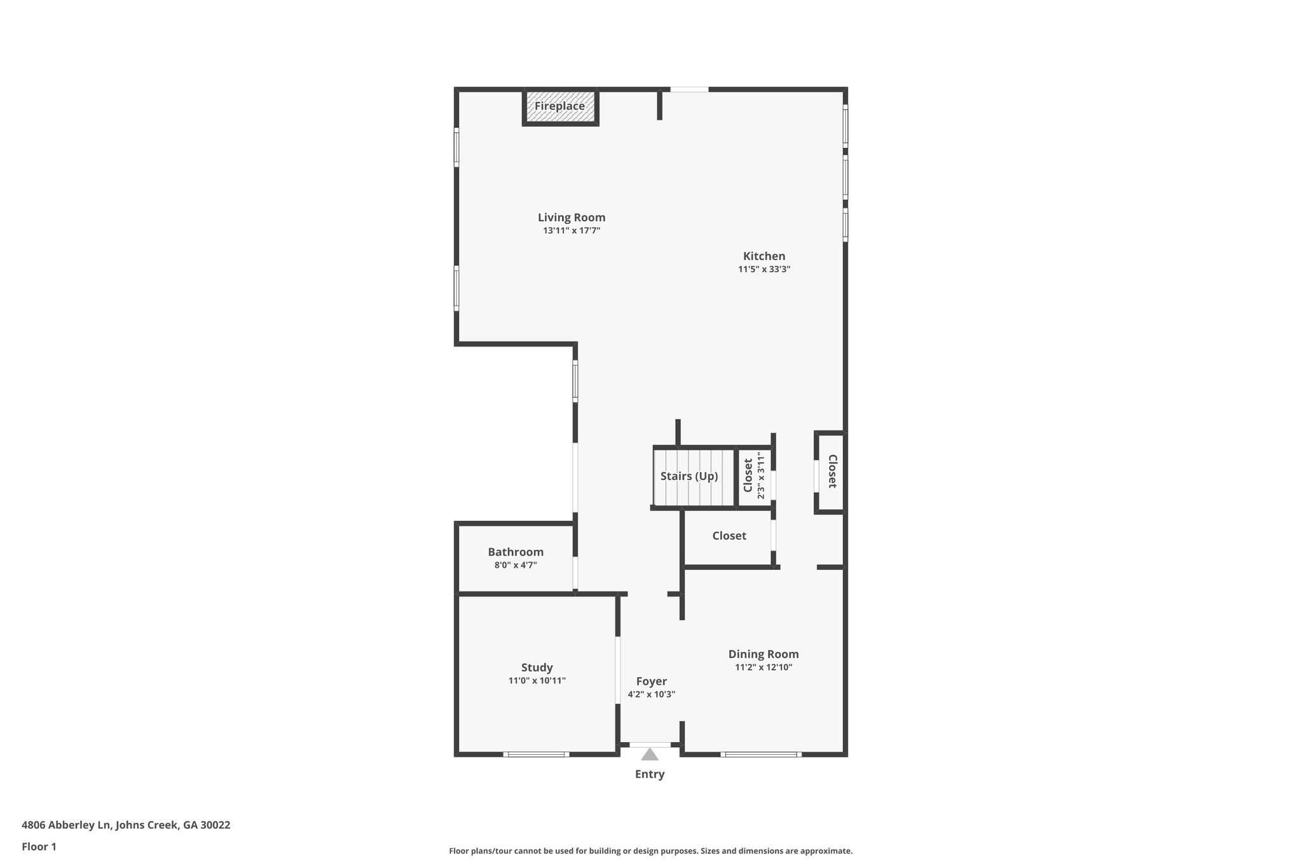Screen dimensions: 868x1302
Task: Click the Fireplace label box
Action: point(560,107)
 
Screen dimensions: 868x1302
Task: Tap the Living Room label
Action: point(572,217)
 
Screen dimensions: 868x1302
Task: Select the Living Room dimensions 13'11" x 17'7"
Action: point(572,231)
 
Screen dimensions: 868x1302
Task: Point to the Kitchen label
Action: point(764,256)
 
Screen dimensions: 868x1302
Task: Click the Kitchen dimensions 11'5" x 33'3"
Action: point(764,270)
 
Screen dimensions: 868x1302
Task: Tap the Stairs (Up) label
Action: point(689,476)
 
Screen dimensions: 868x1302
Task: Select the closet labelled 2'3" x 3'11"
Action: point(753,476)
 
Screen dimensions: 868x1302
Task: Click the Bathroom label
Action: point(516,552)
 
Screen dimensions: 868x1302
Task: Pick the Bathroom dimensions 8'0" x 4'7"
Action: point(516,565)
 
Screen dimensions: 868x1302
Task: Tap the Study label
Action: point(537,668)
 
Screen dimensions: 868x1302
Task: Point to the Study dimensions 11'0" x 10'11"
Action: point(537,681)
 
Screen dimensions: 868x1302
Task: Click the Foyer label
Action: point(652,682)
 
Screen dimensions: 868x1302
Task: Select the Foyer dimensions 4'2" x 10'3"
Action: point(652,695)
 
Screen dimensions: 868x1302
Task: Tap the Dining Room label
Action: point(764,654)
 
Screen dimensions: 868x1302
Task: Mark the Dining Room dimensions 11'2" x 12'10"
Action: point(764,668)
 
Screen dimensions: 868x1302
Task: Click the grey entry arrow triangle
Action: point(650,755)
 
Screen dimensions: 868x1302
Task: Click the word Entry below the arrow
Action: point(650,775)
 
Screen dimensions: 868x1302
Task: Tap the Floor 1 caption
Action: point(39,847)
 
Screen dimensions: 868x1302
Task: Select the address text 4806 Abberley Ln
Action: point(67,825)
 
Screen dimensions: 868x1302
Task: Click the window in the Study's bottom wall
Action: point(536,755)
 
